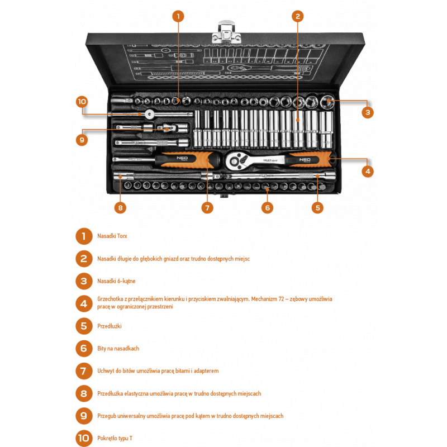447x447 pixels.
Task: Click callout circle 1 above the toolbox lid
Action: pyautogui.click(x=178, y=16)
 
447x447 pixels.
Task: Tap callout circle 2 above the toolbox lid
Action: pyautogui.click(x=298, y=16)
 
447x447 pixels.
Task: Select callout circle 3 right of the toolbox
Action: pyautogui.click(x=367, y=112)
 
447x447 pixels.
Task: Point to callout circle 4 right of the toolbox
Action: pyautogui.click(x=367, y=171)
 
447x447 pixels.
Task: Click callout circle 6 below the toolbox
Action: pyautogui.click(x=268, y=207)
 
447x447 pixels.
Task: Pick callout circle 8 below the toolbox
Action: pyautogui.click(x=120, y=207)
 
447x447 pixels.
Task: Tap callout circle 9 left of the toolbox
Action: pyautogui.click(x=82, y=139)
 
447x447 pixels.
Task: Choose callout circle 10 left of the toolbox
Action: pyautogui.click(x=82, y=101)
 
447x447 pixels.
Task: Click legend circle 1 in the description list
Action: pyautogui.click(x=83, y=236)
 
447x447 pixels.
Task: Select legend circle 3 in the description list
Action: pyautogui.click(x=83, y=281)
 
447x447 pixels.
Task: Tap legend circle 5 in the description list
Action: pyautogui.click(x=83, y=326)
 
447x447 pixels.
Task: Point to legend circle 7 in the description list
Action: pyautogui.click(x=83, y=370)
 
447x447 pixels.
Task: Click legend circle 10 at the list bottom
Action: pyautogui.click(x=83, y=438)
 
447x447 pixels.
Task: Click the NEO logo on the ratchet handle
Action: pyautogui.click(x=305, y=159)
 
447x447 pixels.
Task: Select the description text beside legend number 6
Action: pyautogui.click(x=118, y=348)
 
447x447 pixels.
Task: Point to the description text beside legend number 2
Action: pyautogui.click(x=173, y=259)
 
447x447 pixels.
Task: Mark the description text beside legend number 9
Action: pyautogui.click(x=191, y=416)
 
